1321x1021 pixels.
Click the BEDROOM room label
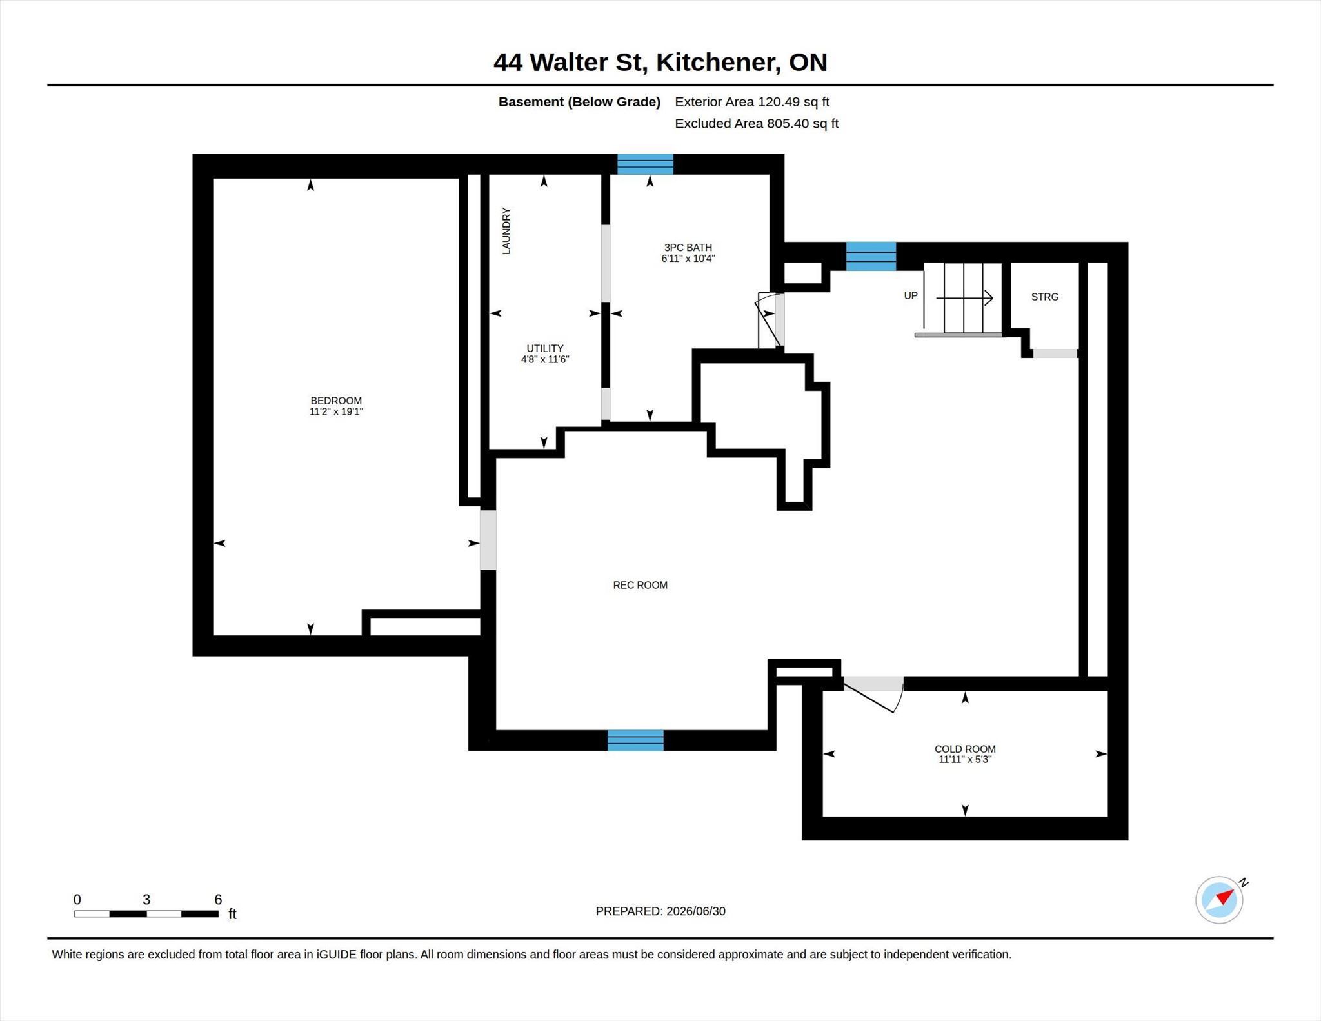click(x=336, y=401)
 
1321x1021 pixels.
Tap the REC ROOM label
click(x=640, y=585)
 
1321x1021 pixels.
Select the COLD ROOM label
click(x=965, y=749)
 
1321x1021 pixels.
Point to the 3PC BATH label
click(x=688, y=247)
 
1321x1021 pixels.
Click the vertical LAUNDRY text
click(x=506, y=231)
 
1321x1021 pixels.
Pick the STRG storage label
click(x=1045, y=297)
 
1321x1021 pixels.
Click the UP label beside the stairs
click(x=911, y=295)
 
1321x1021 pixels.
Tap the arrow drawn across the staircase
click(x=964, y=297)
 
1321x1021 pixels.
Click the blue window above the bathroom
click(x=645, y=164)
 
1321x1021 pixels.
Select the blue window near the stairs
click(x=871, y=256)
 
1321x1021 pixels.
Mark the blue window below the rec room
click(x=635, y=740)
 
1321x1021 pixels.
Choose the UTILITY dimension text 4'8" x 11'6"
click(x=545, y=359)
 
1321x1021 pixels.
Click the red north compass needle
click(x=1226, y=897)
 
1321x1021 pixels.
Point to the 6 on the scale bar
click(x=218, y=899)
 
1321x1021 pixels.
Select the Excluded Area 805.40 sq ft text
click(x=757, y=123)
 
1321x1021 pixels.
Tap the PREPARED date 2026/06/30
click(x=696, y=911)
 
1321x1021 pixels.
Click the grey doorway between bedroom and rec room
click(x=488, y=540)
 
